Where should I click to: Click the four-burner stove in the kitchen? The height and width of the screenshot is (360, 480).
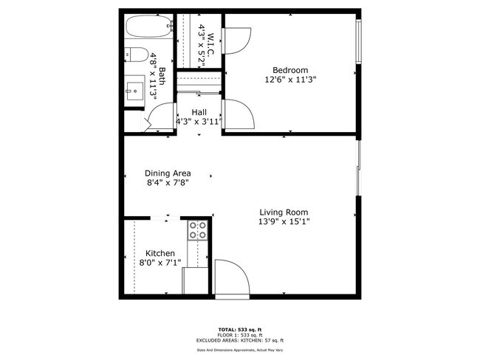(197, 230)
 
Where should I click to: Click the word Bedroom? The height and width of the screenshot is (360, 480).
(289, 70)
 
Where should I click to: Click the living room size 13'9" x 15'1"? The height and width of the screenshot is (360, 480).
(283, 221)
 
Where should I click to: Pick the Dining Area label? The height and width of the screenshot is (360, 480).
(168, 173)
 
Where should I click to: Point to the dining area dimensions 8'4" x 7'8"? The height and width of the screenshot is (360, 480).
(168, 183)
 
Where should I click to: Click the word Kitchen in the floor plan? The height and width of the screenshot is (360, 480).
(160, 253)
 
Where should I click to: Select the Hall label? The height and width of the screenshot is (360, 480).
(199, 112)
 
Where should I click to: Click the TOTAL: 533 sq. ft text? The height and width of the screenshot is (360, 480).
(239, 328)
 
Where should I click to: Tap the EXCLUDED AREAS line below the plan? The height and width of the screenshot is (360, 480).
(239, 340)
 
